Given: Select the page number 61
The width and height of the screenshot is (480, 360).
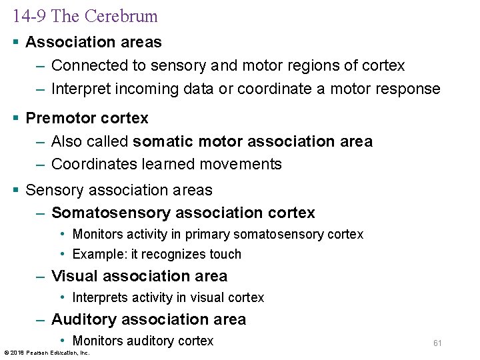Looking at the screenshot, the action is point(437,343).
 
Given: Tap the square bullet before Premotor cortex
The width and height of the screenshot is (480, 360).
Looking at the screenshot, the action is point(15,119).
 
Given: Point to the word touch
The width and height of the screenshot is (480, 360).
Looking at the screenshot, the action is point(225,254).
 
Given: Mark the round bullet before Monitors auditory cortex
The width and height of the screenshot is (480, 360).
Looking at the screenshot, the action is point(62,341).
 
